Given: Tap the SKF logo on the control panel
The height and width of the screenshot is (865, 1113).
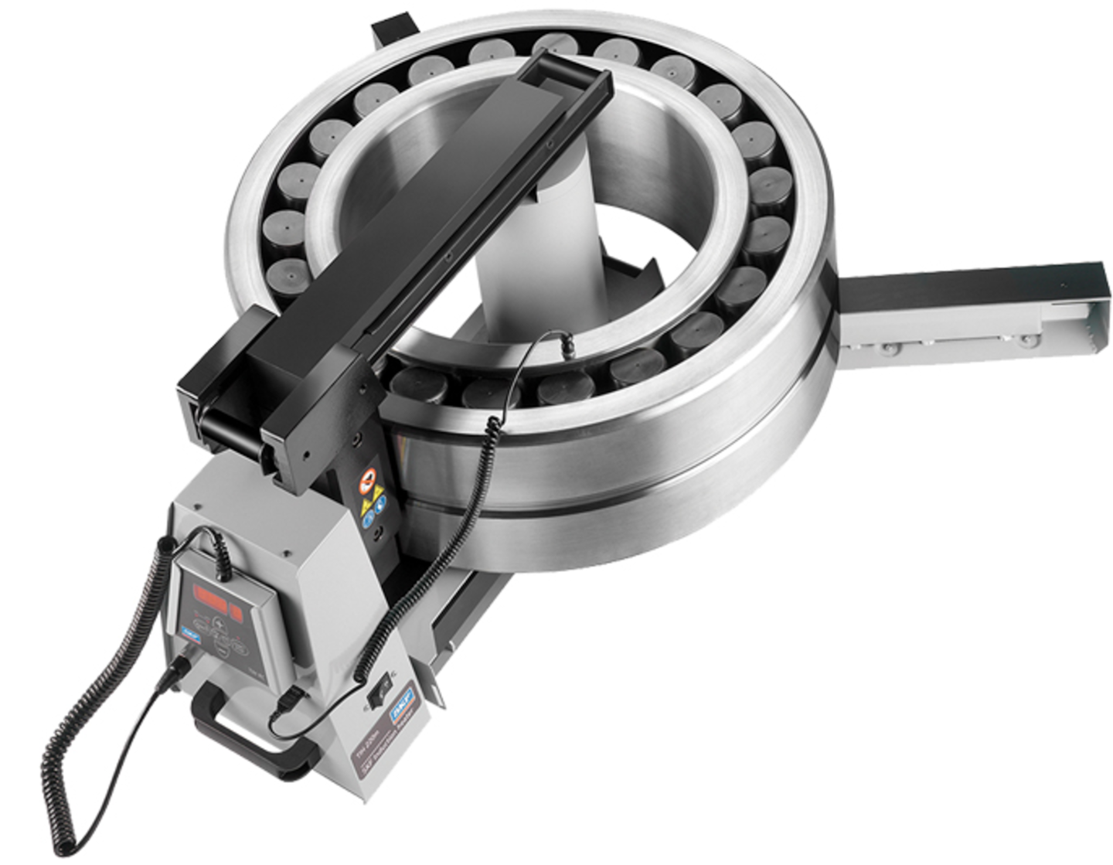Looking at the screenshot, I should pos(188,628).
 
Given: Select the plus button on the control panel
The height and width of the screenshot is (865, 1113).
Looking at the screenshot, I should pos(218,624).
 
